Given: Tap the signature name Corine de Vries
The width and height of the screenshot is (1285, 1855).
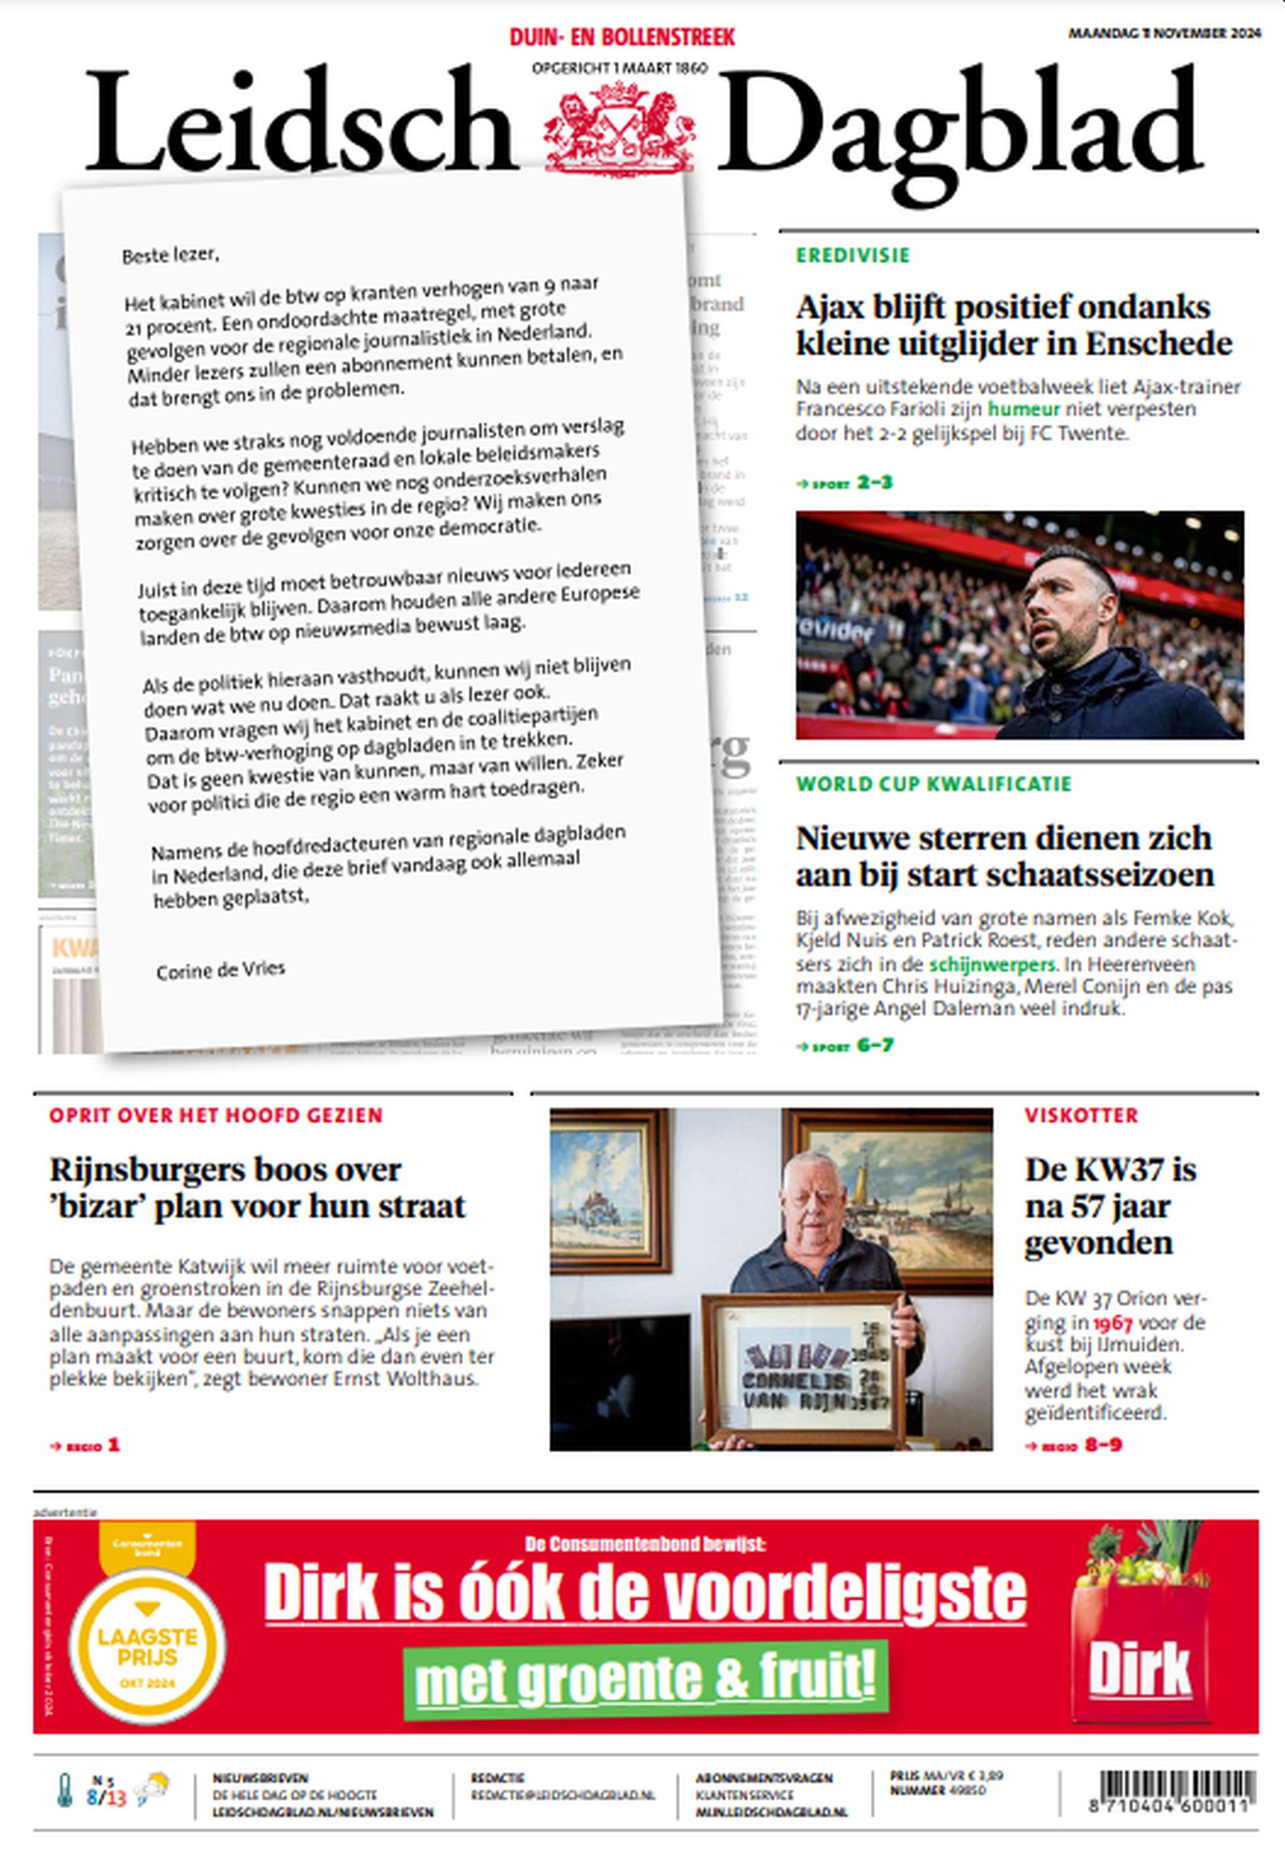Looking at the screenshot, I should (x=221, y=970).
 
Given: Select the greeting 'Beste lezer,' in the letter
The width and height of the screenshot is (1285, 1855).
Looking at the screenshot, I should (x=170, y=255).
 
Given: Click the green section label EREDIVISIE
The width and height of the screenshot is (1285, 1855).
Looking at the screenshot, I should (x=853, y=255).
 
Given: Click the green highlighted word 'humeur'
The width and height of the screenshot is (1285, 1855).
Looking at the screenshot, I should (x=1024, y=409).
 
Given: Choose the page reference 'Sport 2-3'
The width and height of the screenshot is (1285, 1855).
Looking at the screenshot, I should (x=845, y=483).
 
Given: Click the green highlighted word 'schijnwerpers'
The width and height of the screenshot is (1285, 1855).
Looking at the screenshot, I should (x=992, y=964).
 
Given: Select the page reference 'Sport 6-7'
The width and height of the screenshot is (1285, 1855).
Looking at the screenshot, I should (x=845, y=1046).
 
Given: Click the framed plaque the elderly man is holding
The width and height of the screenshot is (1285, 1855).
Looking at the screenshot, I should (x=804, y=1366).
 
